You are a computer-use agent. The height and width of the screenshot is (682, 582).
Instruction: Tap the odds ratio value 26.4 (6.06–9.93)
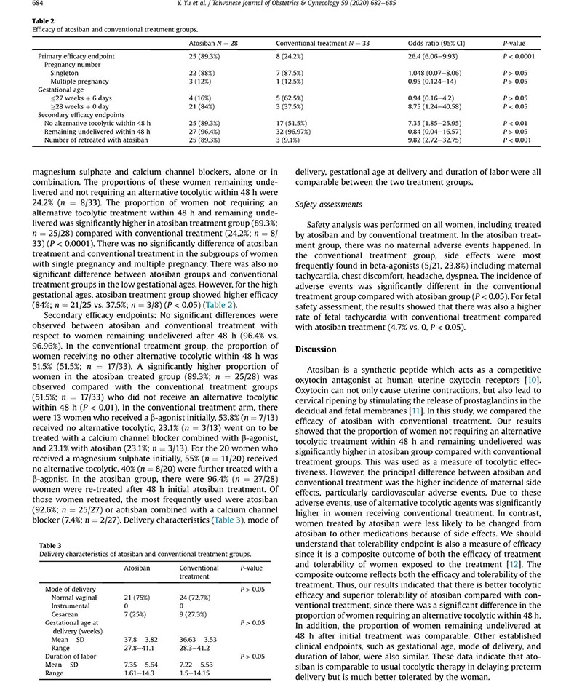coord(438,56)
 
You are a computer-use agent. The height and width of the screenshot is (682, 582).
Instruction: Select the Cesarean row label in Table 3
coord(65,614)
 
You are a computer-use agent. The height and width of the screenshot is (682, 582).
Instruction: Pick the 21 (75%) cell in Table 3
coord(139,597)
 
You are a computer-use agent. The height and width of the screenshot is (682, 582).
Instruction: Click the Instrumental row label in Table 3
coord(71,606)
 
